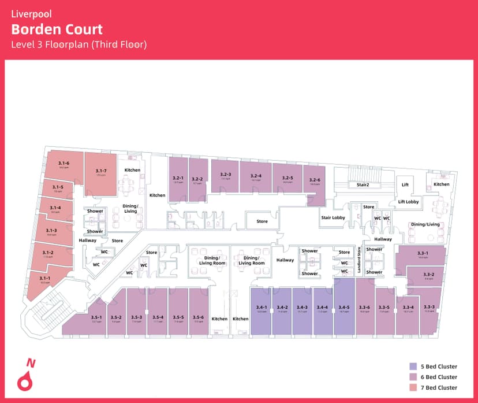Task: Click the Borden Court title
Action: coord(57,29)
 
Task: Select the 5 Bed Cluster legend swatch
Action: coord(413,366)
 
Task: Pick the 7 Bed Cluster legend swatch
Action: coord(413,387)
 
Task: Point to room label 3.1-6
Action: coord(64,164)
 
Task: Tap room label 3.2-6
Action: coord(315,180)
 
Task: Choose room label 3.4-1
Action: coord(262,307)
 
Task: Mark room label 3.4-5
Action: coord(344,307)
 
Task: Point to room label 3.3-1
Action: coord(423,253)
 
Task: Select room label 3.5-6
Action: coord(199,317)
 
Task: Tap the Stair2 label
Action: coord(363,185)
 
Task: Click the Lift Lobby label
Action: coord(408,202)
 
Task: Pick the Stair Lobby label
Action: coord(333,217)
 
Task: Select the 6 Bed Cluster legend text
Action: coord(439,377)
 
